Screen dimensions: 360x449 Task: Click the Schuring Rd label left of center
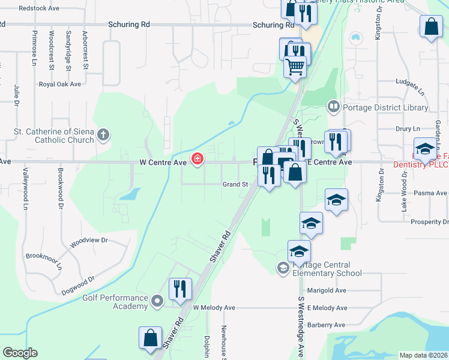(129, 25)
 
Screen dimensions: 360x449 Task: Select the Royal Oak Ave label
(60, 84)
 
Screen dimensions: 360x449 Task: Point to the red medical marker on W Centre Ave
(196, 159)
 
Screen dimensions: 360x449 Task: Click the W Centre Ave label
(162, 161)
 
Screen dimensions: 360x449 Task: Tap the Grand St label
(235, 184)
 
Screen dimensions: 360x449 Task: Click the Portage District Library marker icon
(333, 107)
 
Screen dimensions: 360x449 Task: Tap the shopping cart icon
(295, 67)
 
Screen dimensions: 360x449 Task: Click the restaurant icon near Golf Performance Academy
(179, 289)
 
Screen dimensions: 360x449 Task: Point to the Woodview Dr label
(88, 240)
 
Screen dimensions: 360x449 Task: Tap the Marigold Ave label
(327, 290)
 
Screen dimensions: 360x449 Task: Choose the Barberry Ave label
(327, 325)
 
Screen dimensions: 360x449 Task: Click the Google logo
(20, 353)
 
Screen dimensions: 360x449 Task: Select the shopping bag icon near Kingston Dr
(431, 26)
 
